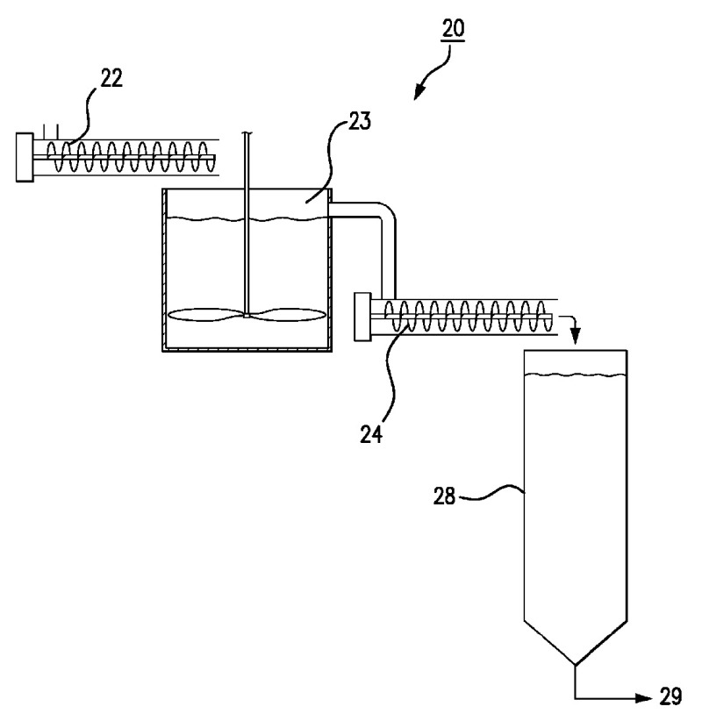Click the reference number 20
pos(454,28)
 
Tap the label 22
pos(110,80)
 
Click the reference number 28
pos(446,496)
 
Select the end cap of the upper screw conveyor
pos(25,157)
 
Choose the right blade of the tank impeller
pos(288,317)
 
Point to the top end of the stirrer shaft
pos(248,134)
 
